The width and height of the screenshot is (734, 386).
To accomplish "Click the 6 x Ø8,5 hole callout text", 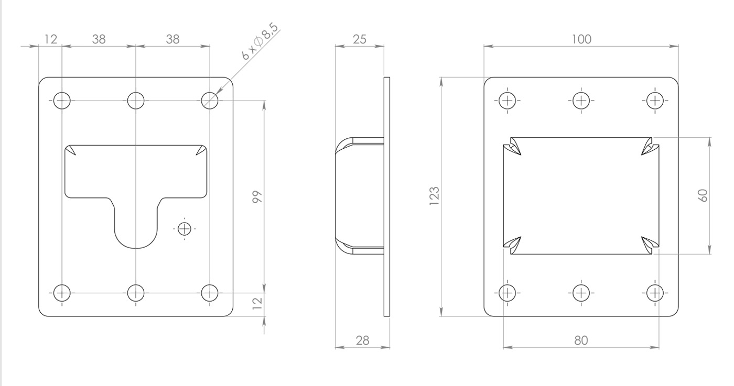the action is tap(260, 41).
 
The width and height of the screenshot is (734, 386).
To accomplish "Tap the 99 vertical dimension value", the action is tap(257, 197).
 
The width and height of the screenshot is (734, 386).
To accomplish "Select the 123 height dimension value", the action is tap(434, 196).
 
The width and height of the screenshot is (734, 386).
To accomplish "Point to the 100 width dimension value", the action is tap(581, 39).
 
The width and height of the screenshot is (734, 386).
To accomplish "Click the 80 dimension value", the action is tap(581, 340).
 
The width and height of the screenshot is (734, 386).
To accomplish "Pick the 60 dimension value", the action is tap(703, 195).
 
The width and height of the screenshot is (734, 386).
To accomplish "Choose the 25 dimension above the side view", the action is tap(359, 39).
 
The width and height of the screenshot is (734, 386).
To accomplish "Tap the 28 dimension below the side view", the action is tap(362, 340).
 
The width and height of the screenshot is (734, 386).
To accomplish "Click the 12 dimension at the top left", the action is tap(50, 39).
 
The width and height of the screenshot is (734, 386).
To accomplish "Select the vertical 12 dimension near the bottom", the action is tap(257, 303).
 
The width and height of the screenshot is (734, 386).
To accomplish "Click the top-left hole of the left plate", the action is tap(62, 101).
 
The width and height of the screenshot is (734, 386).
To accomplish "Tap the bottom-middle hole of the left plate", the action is tap(136, 293).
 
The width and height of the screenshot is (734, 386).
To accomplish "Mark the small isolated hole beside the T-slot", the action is tap(184, 229).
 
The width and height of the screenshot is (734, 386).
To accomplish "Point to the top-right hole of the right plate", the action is tap(655, 101).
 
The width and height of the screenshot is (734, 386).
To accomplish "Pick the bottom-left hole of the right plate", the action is tap(508, 293).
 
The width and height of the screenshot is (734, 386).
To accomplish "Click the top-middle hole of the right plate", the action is tap(581, 101).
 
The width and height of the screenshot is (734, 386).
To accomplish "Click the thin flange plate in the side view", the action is tap(387, 197).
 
